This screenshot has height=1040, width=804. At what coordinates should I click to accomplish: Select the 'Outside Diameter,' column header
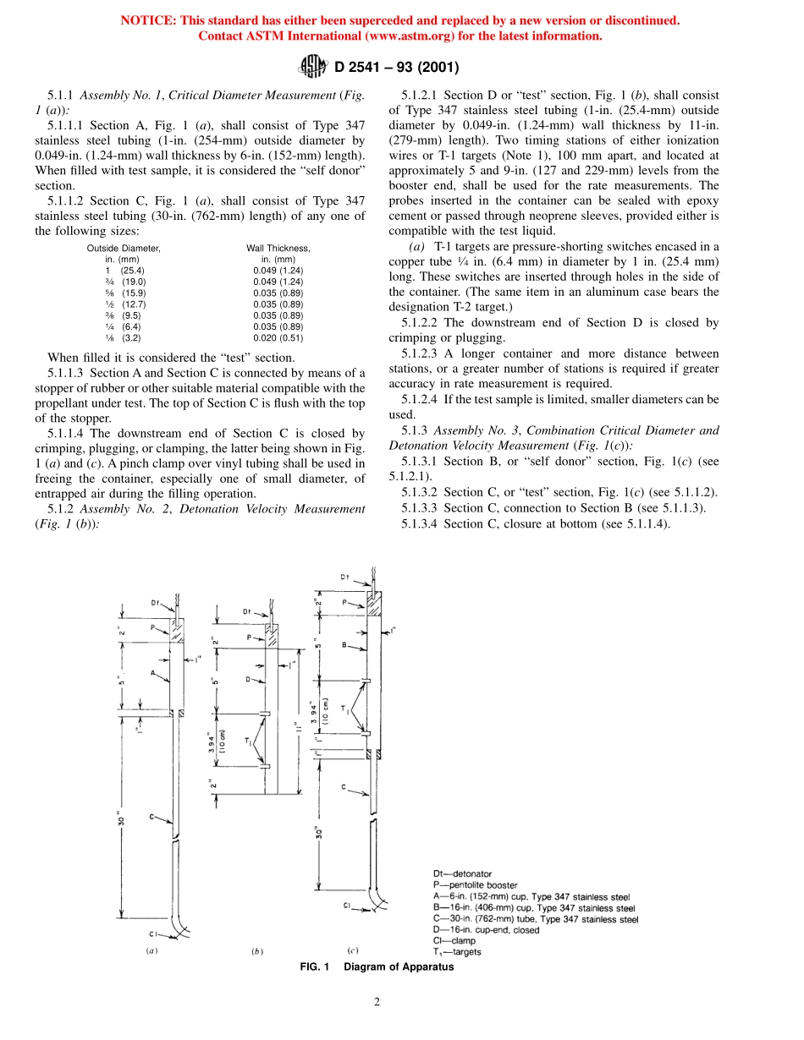(x=124, y=248)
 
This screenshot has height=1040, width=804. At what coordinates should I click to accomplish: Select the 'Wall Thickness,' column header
(x=278, y=248)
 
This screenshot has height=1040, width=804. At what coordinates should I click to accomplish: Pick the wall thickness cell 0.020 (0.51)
(x=278, y=337)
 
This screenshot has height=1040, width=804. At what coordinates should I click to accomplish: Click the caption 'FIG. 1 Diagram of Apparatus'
(x=377, y=967)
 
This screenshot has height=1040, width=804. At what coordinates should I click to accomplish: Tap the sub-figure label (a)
(x=152, y=950)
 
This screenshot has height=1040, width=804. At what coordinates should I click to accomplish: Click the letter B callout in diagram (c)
(x=344, y=644)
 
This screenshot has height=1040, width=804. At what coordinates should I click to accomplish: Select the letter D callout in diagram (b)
(x=248, y=679)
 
